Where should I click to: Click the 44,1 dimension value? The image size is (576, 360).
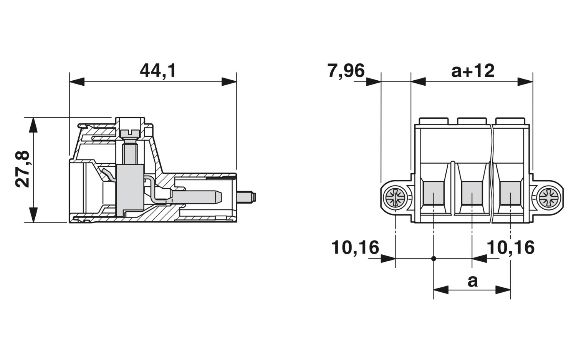[158, 71]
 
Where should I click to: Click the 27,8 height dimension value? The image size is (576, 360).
[22, 169]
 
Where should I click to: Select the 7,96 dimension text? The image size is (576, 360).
[346, 71]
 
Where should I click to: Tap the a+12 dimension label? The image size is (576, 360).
[473, 71]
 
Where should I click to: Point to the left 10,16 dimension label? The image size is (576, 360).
[355, 247]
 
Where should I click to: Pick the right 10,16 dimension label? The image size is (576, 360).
[511, 247]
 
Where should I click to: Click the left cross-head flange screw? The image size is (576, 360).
[395, 198]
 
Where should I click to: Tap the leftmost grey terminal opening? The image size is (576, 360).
[434, 193]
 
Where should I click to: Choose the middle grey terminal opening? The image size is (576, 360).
[472, 193]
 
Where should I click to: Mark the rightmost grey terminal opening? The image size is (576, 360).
[510, 193]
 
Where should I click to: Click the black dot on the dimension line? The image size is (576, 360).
[434, 259]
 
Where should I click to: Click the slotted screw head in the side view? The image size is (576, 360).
[130, 133]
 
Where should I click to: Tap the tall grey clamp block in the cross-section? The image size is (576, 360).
[130, 191]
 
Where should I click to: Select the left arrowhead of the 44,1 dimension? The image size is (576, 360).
[77, 81]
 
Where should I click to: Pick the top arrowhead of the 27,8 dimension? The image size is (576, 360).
[33, 125]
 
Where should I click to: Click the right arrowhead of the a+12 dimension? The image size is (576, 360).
[525, 81]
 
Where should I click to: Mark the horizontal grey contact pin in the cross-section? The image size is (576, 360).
[197, 197]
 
